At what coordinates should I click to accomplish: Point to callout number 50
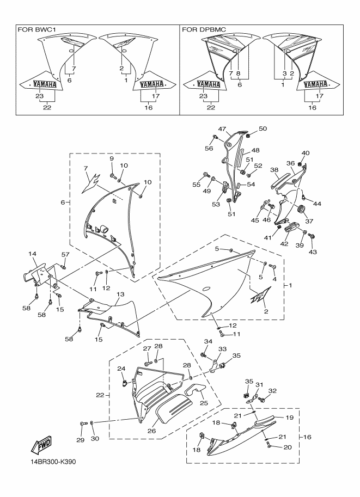coord(263,128)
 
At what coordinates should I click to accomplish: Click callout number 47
coord(222,129)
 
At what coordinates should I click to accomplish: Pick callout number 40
coord(306,153)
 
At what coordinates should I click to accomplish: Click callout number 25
coord(204,404)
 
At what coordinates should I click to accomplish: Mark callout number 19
coord(290,418)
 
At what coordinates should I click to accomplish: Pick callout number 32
coord(273,390)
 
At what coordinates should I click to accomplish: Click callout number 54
coord(251,185)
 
